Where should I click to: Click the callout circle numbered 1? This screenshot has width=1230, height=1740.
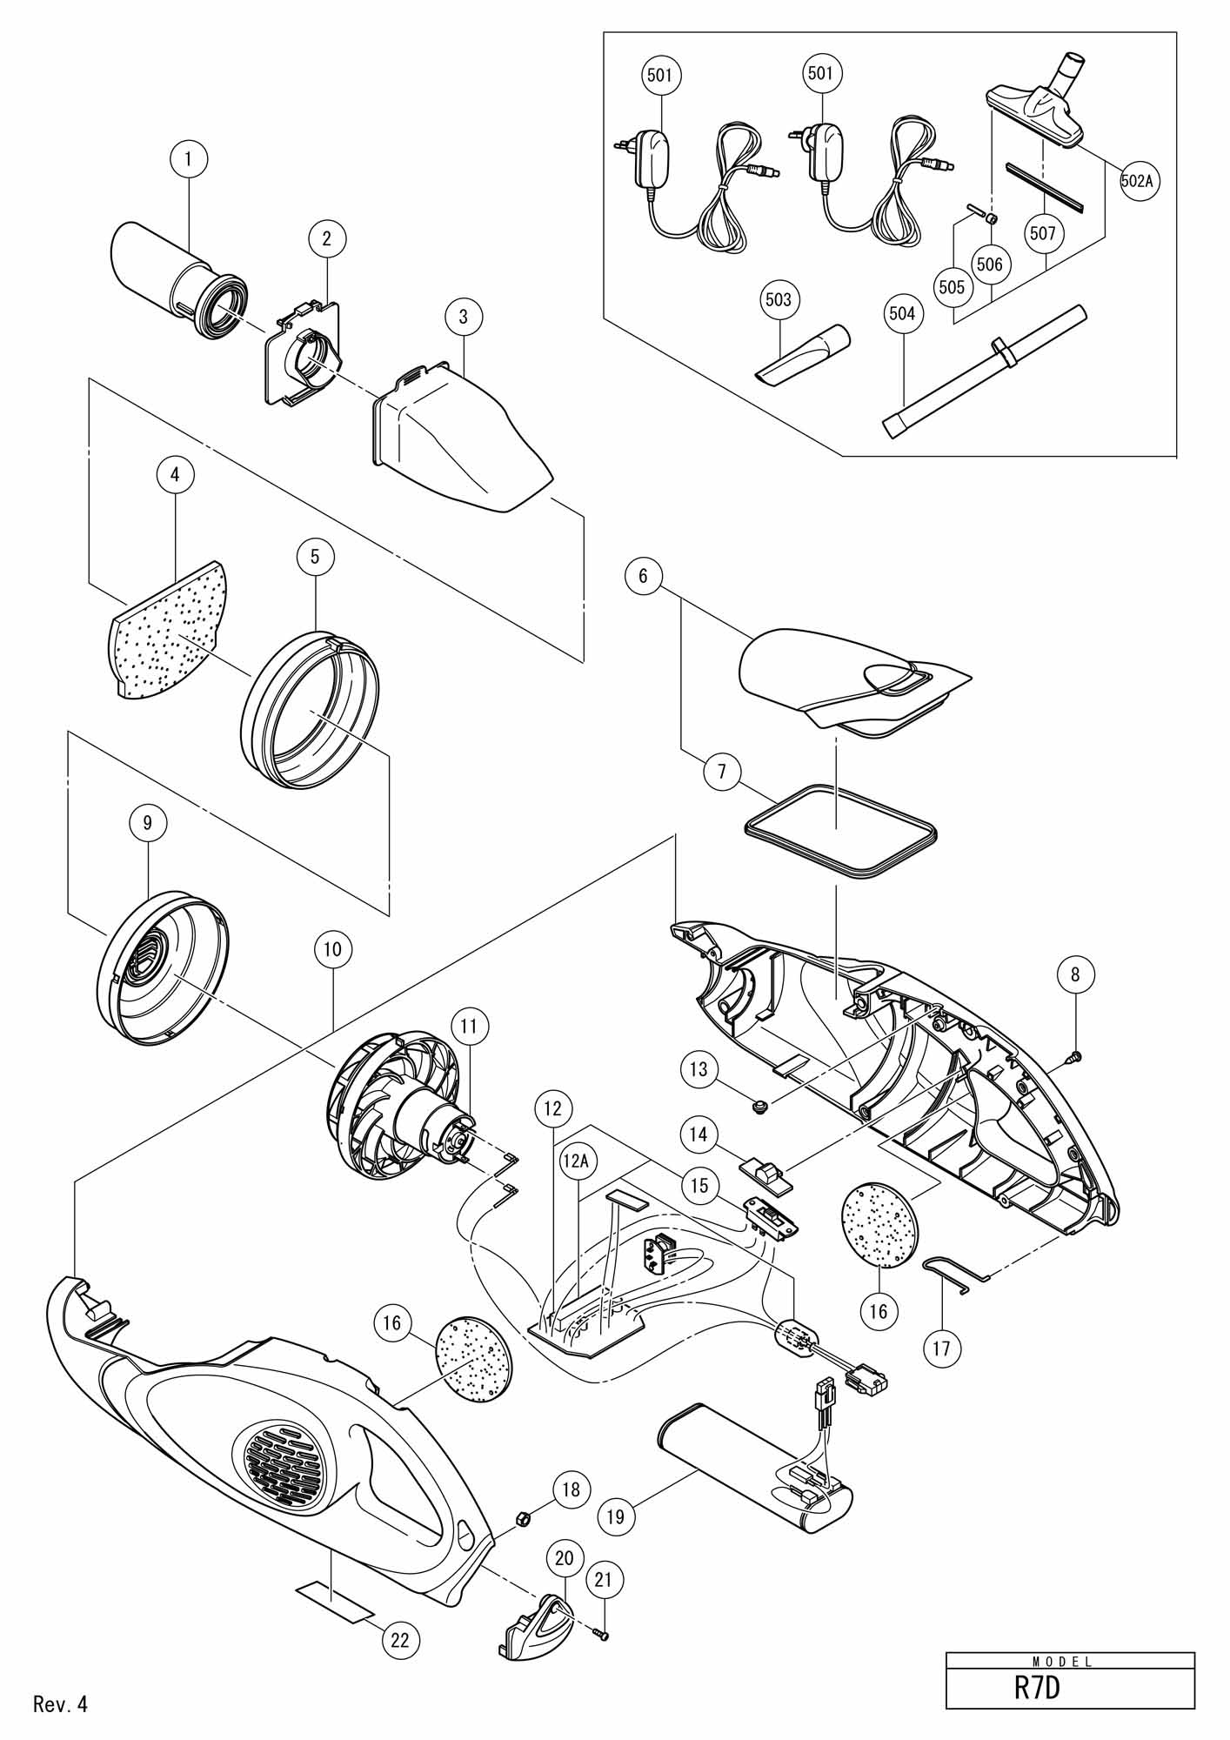coord(190,158)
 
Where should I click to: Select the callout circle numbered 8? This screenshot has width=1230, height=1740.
coord(1075,974)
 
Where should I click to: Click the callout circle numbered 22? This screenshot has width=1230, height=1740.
coord(399,1640)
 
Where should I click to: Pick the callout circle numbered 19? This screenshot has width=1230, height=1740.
coord(616,1516)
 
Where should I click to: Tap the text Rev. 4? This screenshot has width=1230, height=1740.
coord(61,1703)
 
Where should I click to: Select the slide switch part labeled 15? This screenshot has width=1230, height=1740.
coord(771,1218)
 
